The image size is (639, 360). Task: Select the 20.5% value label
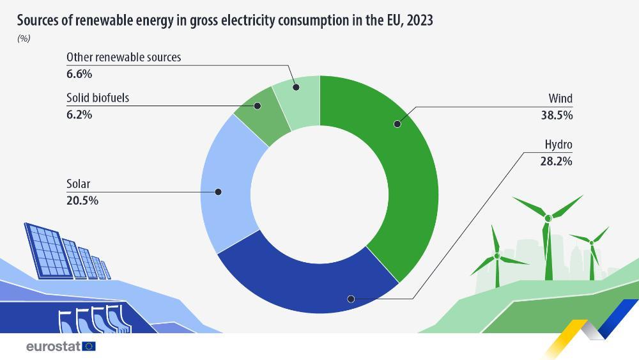[x=82, y=200]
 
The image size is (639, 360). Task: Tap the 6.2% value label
[x=79, y=114]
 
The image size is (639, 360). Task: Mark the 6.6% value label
[x=79, y=74]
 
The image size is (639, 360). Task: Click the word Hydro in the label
[x=558, y=145]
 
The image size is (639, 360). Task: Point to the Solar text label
[x=79, y=184]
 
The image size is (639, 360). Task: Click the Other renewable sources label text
[x=124, y=57]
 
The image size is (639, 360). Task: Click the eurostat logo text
[x=52, y=347]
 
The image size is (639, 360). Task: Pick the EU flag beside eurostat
[x=89, y=347]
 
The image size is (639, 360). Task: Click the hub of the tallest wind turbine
[x=548, y=219]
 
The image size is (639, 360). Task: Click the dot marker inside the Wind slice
[x=397, y=123]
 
